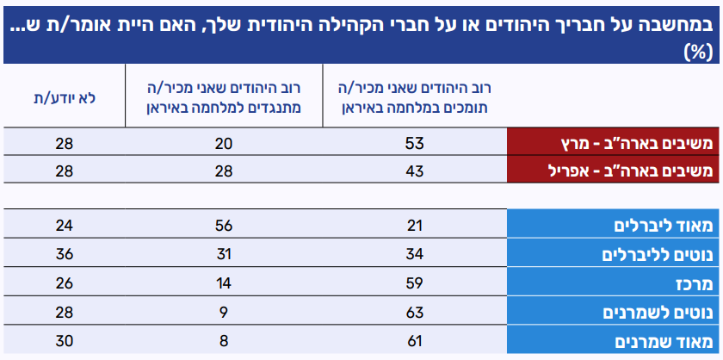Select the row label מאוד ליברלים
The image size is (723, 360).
662,226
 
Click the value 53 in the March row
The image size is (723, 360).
415,142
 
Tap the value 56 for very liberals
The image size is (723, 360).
224,226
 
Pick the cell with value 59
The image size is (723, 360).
415,283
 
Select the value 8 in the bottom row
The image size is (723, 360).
224,341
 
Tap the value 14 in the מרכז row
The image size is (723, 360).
224,283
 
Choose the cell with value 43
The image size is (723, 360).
415,171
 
